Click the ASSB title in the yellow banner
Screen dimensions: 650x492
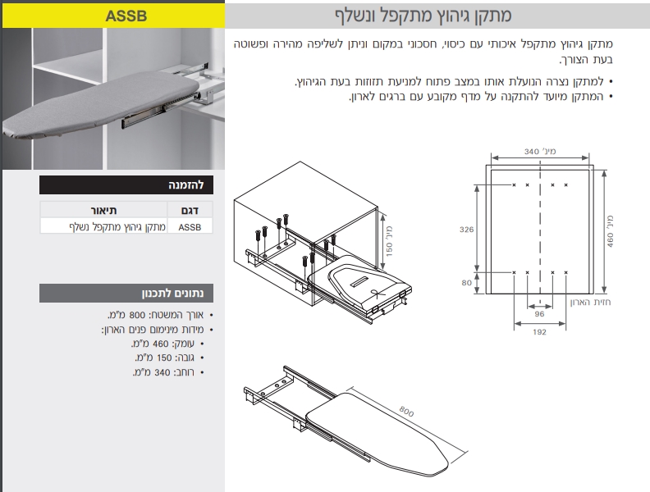tap(126, 16)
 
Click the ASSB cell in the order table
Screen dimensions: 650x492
tap(190, 227)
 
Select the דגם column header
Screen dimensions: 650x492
tap(190, 211)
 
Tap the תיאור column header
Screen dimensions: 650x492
tap(103, 211)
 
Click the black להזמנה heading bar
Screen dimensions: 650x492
tap(126, 185)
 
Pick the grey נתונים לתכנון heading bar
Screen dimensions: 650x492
tap(126, 294)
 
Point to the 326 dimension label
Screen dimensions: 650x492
tap(466, 229)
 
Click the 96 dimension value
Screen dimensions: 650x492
tap(539, 314)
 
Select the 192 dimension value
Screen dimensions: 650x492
tap(539, 332)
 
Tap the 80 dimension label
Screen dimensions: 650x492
tap(466, 282)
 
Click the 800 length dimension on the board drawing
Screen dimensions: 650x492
tap(407, 412)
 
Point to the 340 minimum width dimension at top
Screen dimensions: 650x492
tap(540, 152)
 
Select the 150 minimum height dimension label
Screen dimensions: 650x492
tap(389, 241)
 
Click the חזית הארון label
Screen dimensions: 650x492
tap(590, 302)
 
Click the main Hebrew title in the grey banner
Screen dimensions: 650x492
tap(423, 16)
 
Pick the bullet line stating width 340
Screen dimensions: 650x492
tap(169, 372)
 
